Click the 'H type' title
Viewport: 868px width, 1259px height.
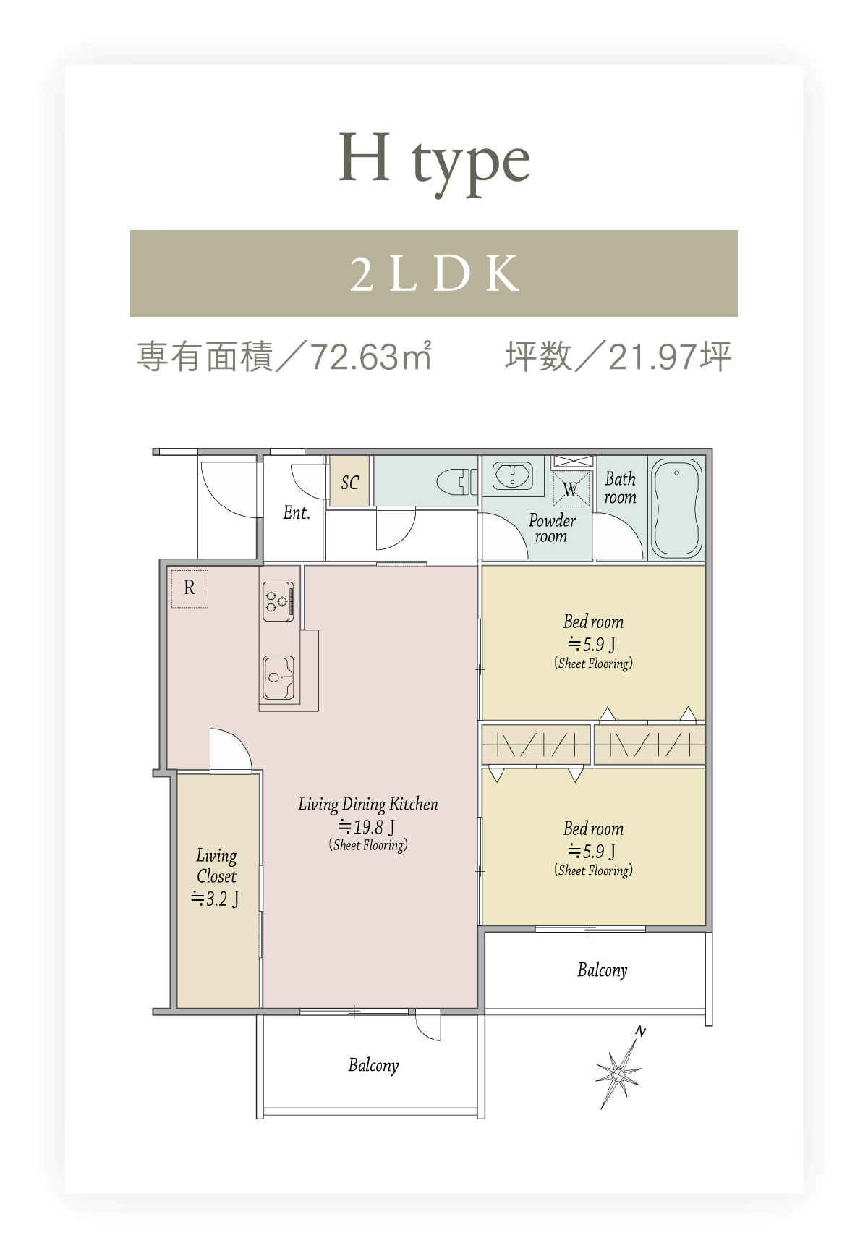(x=435, y=163)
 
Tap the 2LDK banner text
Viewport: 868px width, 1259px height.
(x=435, y=274)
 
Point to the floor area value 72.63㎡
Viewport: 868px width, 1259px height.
(x=370, y=357)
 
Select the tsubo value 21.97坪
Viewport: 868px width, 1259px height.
(x=670, y=357)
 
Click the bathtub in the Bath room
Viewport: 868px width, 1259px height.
(x=677, y=508)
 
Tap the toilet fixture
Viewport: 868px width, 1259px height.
(x=456, y=481)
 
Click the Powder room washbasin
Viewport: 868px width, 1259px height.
(x=513, y=476)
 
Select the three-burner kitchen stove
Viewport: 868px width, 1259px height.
(x=278, y=601)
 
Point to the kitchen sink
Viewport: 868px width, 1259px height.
(x=279, y=677)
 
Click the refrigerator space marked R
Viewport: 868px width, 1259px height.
(x=190, y=588)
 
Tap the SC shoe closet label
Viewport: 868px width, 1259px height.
(x=350, y=483)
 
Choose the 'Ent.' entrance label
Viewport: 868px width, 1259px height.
(x=297, y=513)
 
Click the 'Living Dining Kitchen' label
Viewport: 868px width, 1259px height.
(x=368, y=805)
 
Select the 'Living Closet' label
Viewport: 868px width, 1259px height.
(x=216, y=866)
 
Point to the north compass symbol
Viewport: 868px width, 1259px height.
(x=618, y=1069)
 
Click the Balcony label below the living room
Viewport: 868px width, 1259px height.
(x=373, y=1065)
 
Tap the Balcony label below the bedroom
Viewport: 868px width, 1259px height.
(x=603, y=970)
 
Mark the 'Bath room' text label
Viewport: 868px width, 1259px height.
(x=621, y=488)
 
